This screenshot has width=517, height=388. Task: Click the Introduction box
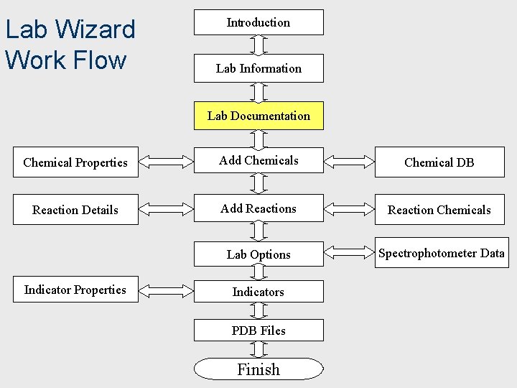pyautogui.click(x=258, y=22)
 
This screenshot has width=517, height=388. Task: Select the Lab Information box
pyautogui.click(x=258, y=68)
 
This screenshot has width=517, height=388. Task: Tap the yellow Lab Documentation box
pyautogui.click(x=258, y=116)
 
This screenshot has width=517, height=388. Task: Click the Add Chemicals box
pyautogui.click(x=258, y=161)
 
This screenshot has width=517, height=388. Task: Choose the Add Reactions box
pyautogui.click(x=258, y=209)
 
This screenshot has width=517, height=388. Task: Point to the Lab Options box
pyautogui.click(x=258, y=254)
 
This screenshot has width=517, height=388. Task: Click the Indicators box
pyautogui.click(x=258, y=292)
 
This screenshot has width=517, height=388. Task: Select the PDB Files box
pyautogui.click(x=258, y=331)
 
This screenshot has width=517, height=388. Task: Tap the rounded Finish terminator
pyautogui.click(x=258, y=369)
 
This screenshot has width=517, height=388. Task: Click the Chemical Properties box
pyautogui.click(x=75, y=162)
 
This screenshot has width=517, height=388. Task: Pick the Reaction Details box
pyautogui.click(x=75, y=210)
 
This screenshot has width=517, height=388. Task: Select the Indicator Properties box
pyautogui.click(x=75, y=290)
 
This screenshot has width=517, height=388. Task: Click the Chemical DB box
pyautogui.click(x=439, y=162)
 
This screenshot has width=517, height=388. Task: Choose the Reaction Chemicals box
pyautogui.click(x=439, y=210)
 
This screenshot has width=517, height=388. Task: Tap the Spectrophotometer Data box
pyautogui.click(x=441, y=253)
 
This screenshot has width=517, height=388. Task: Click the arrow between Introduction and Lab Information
pyautogui.click(x=258, y=45)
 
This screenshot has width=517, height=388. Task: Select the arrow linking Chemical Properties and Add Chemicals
pyautogui.click(x=166, y=161)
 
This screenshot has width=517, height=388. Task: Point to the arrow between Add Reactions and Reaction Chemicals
pyautogui.click(x=349, y=209)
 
